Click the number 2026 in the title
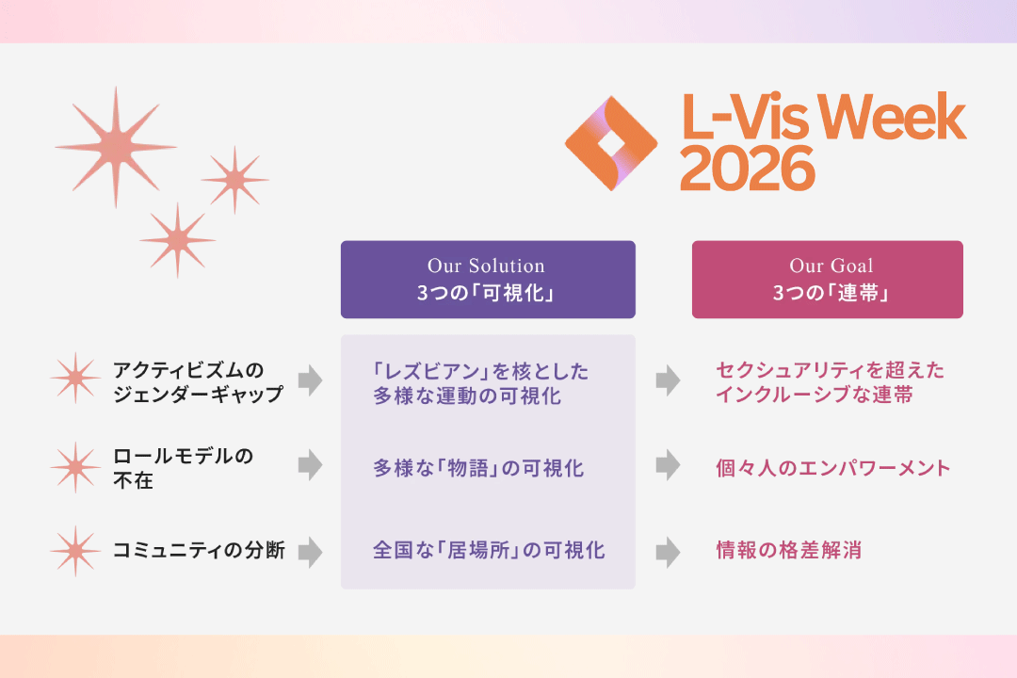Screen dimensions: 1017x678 pos(747,169)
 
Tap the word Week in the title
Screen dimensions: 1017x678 pos(892,117)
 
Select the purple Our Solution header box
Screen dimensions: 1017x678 pos(488,280)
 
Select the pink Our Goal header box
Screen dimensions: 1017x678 pos(827,280)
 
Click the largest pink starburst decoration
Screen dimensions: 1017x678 pos(116,147)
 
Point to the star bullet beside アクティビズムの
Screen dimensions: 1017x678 pos(76,379)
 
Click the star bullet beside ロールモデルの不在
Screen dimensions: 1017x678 pos(76,467)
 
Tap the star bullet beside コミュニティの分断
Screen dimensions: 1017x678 pos(76,551)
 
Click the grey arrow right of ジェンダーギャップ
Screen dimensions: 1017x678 pos(311,380)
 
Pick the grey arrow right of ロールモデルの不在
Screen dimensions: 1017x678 pos(311,465)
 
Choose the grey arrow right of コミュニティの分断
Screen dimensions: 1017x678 pos(311,552)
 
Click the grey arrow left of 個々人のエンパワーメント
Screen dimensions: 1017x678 pos(668,465)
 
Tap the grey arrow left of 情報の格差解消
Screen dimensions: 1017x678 pos(668,552)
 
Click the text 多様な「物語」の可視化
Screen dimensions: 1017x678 pos(478,468)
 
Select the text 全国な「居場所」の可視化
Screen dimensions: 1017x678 pos(489,550)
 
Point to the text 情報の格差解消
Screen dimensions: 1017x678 pos(789,550)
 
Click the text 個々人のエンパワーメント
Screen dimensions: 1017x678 pos(833,468)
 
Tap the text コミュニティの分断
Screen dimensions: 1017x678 pos(199,550)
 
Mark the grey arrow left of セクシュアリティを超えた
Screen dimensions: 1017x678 pos(668,380)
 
